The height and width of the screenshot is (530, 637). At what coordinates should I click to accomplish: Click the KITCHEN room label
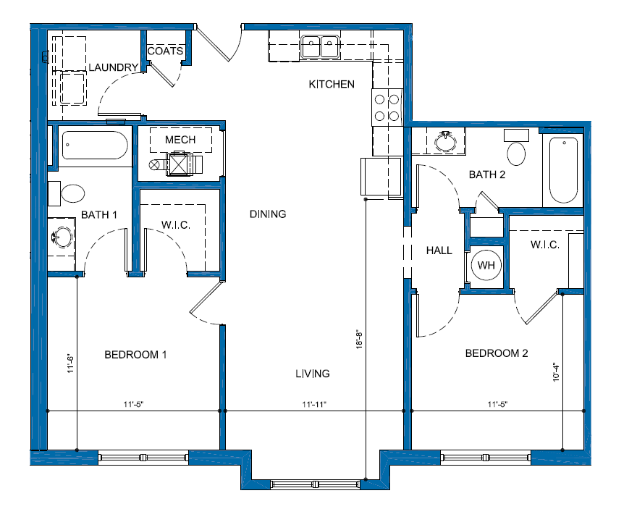[332, 84]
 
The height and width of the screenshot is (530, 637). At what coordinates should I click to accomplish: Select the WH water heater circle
[486, 265]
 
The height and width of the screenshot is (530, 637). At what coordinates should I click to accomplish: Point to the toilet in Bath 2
[516, 148]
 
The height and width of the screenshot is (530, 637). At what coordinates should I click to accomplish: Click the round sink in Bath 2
[446, 141]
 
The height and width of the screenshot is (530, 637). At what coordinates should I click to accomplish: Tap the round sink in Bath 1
[62, 237]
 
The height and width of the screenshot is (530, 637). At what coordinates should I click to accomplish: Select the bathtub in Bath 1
[95, 145]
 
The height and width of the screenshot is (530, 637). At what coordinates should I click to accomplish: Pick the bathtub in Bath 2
[563, 170]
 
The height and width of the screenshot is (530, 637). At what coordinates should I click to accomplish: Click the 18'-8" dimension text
[359, 340]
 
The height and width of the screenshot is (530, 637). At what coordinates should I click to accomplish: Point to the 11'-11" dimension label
[314, 405]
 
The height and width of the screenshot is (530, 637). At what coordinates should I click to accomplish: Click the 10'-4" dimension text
[556, 372]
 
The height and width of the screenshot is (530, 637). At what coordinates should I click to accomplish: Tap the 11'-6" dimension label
[71, 363]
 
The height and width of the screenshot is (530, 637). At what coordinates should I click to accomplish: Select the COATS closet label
[165, 51]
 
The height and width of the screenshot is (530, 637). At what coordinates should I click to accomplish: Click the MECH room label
[180, 140]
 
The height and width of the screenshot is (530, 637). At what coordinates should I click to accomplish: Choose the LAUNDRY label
[114, 67]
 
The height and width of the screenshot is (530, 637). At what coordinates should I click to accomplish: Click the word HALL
[439, 251]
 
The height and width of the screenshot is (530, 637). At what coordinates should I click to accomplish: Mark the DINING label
[268, 214]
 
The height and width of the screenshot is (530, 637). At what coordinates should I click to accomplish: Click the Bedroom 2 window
[486, 458]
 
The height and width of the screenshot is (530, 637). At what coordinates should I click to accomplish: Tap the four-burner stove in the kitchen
[387, 107]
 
